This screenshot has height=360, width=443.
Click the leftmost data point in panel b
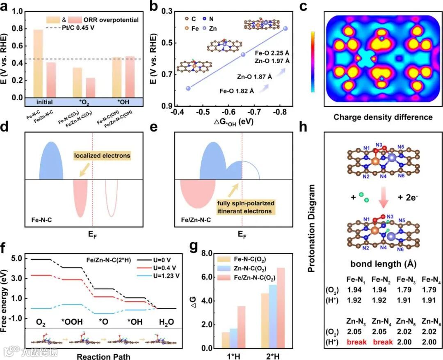pyautogui.click(x=188, y=88)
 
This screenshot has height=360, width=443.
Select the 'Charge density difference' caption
pyautogui.click(x=383, y=117)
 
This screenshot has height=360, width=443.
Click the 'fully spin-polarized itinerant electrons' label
pyautogui.click(x=245, y=208)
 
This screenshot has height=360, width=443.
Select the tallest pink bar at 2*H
pyautogui.click(x=281, y=308)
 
